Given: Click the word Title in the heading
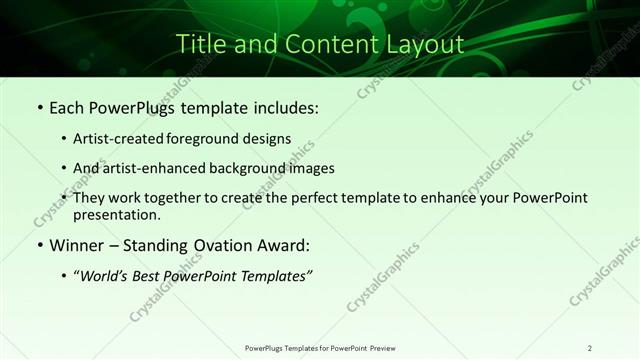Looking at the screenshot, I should click(197, 44).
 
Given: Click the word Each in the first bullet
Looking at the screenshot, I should click(69, 107).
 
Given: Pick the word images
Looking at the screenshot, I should click(312, 168).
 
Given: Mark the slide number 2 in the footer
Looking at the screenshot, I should click(590, 347).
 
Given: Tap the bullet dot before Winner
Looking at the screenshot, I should click(40, 246).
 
